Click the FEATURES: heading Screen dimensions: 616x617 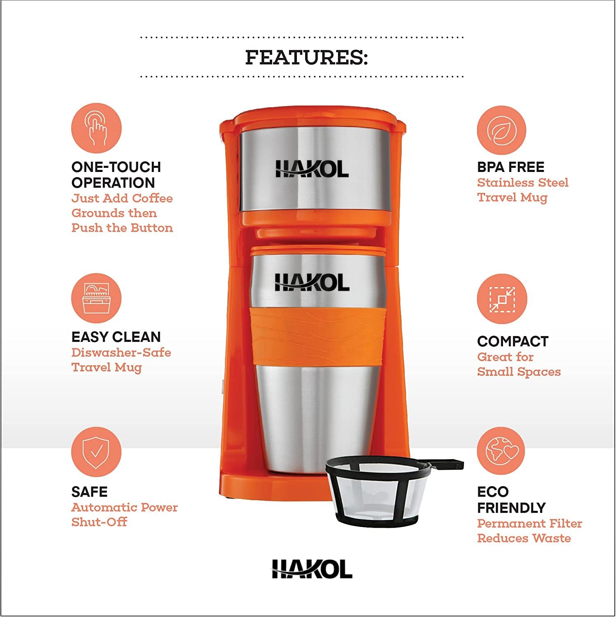[306, 57]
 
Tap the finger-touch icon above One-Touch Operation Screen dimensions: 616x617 [96, 128]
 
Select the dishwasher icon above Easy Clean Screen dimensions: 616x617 [96, 298]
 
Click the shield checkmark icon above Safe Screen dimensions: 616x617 [96, 452]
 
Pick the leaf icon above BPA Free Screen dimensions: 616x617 [502, 130]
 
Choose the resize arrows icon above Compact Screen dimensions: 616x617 [502, 299]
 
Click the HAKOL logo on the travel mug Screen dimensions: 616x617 [312, 283]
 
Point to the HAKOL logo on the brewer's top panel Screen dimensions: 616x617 [312, 169]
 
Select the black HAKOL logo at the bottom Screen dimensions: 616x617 [312, 569]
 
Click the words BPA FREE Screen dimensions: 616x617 [511, 167]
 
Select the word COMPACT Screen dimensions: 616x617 [513, 341]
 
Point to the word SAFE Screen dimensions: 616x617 [89, 492]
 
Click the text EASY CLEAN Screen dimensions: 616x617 [116, 337]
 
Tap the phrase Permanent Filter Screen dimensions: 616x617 [530, 524]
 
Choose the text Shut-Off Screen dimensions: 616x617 [99, 522]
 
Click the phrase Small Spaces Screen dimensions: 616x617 [519, 372]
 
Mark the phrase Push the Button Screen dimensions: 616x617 [122, 228]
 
